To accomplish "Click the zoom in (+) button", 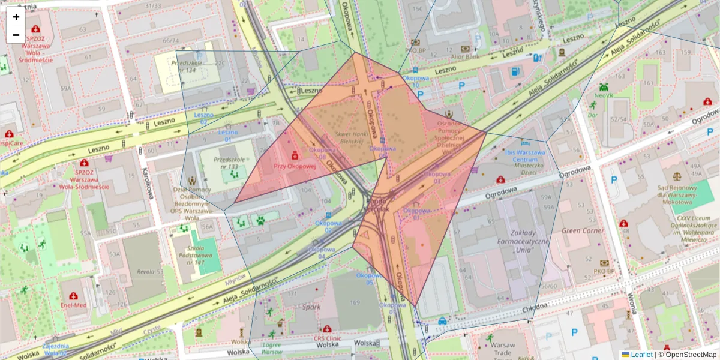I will point(16,17).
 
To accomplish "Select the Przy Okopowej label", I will point(294,166).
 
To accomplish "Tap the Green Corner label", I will point(583,230).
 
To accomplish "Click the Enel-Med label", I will point(74,305).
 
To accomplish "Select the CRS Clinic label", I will point(327,338).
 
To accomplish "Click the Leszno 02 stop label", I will point(203,118).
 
